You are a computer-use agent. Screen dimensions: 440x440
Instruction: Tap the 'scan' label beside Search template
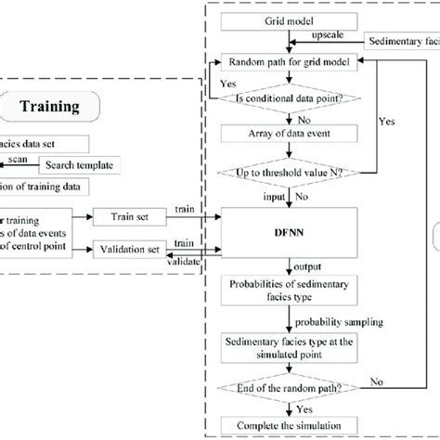pos(19,158)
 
